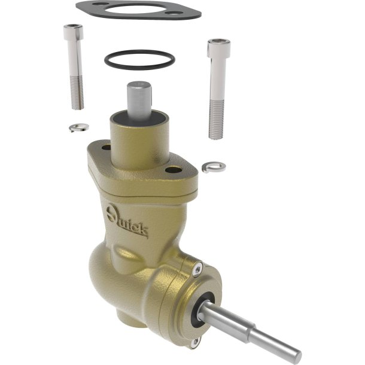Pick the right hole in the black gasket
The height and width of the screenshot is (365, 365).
[175, 13]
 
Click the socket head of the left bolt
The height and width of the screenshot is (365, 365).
[74, 32]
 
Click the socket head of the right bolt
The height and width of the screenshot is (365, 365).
[218, 48]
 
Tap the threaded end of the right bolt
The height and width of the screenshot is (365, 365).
[216, 119]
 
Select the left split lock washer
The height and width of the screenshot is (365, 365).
[78, 127]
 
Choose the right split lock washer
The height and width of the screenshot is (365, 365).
[214, 166]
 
